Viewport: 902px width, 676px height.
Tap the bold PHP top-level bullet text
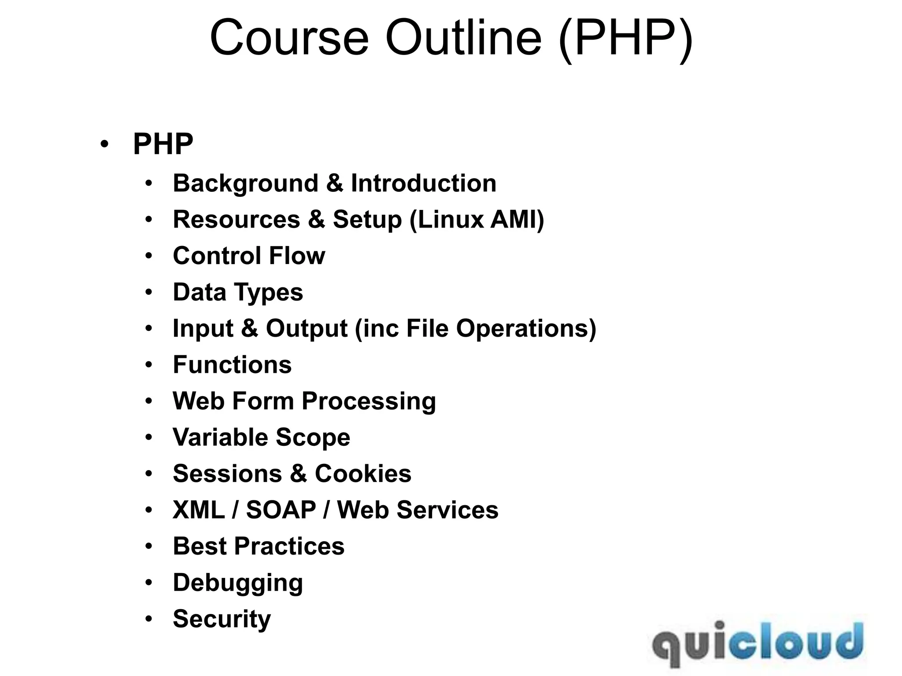[163, 144]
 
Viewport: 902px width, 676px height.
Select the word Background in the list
[245, 183]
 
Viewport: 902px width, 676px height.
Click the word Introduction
[423, 183]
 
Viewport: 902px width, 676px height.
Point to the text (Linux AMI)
[477, 219]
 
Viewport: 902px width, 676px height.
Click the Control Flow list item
[249, 256]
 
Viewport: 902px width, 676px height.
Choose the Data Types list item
[238, 292]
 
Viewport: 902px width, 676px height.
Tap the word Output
[307, 328]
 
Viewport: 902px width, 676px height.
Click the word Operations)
[526, 328]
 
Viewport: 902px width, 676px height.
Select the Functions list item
[232, 365]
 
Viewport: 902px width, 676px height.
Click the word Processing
[369, 401]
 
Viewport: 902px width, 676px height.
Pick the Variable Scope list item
[261, 437]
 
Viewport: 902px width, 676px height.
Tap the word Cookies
[363, 474]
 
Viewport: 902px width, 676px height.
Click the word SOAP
[281, 510]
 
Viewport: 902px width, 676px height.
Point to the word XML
[199, 510]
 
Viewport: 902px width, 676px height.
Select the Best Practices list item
[259, 546]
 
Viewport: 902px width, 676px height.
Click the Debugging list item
[238, 583]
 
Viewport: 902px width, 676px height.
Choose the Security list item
[222, 619]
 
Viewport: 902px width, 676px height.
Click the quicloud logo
[758, 643]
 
